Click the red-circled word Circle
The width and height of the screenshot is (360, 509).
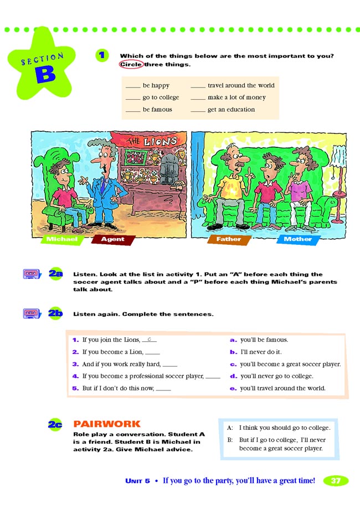point(131,64)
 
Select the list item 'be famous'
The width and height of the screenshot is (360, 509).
point(157,110)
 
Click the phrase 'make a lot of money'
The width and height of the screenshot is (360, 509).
point(236,97)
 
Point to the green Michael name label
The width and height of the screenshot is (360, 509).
point(62,239)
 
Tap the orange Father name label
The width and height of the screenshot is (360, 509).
point(229,239)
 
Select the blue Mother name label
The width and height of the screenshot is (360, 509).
point(297,239)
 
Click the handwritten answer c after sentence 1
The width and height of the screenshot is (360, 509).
point(149,338)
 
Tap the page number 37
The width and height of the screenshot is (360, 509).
point(336,481)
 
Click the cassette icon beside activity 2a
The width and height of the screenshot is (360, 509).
point(32,274)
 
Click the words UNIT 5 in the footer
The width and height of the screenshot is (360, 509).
point(138,481)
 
